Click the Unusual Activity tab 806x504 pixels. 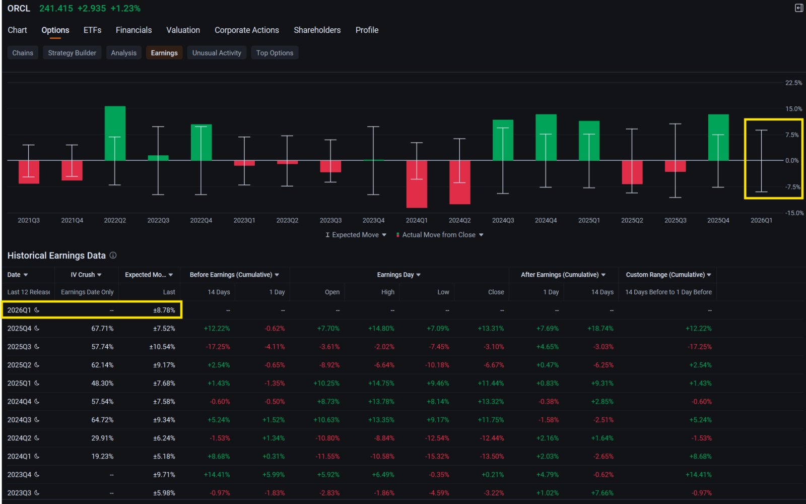click(217, 53)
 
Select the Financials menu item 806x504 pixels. click(133, 30)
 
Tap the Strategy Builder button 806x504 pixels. click(72, 53)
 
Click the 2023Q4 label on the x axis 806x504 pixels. click(373, 220)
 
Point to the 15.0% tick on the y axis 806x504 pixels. click(793, 109)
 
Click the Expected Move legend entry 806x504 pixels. click(355, 235)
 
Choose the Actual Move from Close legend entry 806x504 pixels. click(439, 235)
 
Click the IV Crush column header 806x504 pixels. click(86, 275)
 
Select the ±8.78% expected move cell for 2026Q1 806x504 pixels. click(164, 310)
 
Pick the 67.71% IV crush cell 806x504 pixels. click(102, 329)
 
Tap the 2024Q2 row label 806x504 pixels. click(19, 438)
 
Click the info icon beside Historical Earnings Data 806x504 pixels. click(113, 256)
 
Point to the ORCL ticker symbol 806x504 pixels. click(19, 9)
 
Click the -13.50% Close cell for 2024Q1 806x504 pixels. click(492, 457)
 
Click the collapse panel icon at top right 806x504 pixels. click(798, 8)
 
